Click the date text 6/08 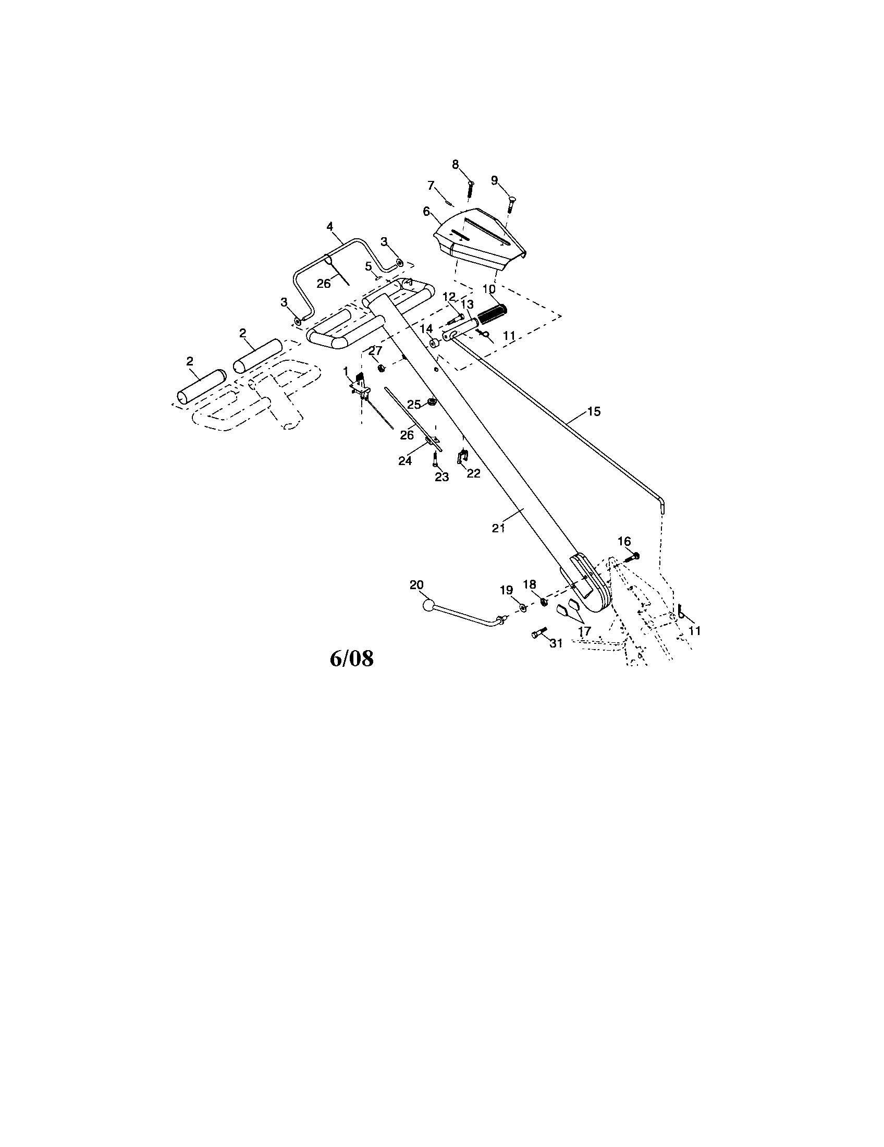point(351,658)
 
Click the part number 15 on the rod point(594,411)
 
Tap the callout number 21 point(498,528)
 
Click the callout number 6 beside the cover point(426,211)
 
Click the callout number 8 point(456,165)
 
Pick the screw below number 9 point(510,203)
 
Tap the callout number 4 point(329,226)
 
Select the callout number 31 point(556,643)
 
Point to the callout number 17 point(584,632)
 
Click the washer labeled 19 point(524,607)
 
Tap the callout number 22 point(473,473)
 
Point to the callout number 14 point(426,329)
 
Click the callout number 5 point(369,266)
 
